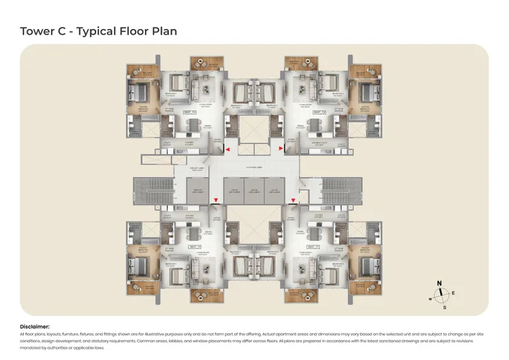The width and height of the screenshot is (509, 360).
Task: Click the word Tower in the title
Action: tap(36, 31)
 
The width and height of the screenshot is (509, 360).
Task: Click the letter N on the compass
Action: tap(439, 284)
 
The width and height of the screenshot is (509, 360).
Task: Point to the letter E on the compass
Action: tap(453, 292)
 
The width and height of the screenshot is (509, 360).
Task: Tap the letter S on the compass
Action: tap(444, 308)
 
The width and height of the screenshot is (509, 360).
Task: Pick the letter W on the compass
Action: tap(430, 298)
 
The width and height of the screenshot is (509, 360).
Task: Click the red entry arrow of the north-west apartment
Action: tap(226, 150)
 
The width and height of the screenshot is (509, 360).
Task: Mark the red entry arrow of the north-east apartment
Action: tap(283, 150)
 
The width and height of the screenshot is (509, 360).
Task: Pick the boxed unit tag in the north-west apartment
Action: tap(189, 112)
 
